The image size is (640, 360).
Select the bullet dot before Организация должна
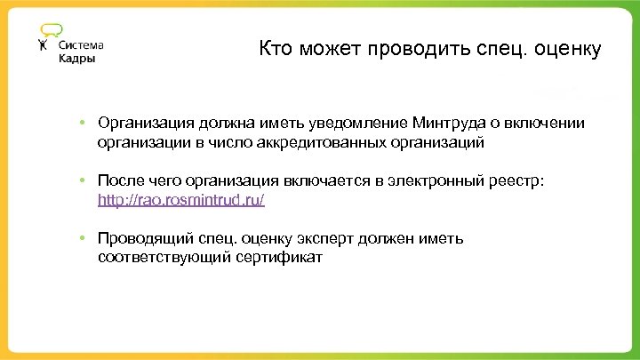(x=80, y=122)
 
